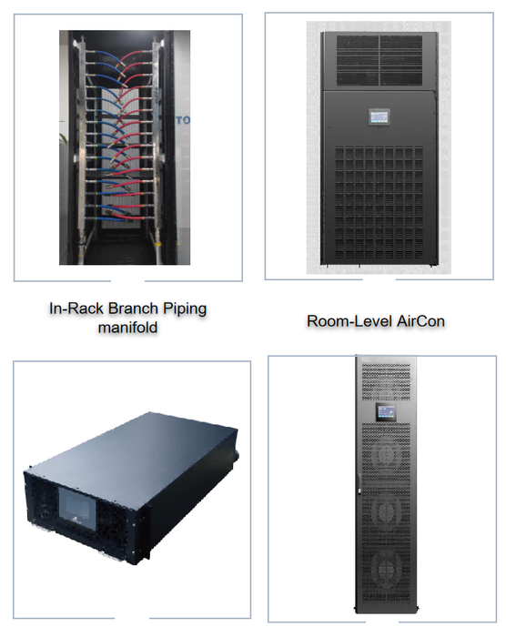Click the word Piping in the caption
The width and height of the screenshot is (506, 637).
pos(185,309)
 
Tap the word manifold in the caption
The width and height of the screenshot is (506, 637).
pos(127,328)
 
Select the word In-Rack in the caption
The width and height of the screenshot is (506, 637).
pos(76,308)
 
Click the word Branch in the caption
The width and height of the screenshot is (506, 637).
pos(134,308)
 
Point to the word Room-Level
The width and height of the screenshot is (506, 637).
pos(350,321)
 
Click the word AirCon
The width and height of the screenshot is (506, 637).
pos(420,321)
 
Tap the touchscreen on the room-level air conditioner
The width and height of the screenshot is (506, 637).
pos(379,117)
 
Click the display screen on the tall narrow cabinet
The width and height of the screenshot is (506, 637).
pos(385,412)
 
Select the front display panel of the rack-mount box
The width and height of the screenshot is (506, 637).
pos(77,509)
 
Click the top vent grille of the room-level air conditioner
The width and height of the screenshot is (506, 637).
pos(379,60)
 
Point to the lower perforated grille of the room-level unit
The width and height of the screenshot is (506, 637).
pos(379,203)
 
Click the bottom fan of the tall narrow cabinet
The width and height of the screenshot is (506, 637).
pos(386,569)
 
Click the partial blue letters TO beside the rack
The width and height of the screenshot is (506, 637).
pos(183,120)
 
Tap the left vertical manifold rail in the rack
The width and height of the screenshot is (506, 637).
pos(82,147)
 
